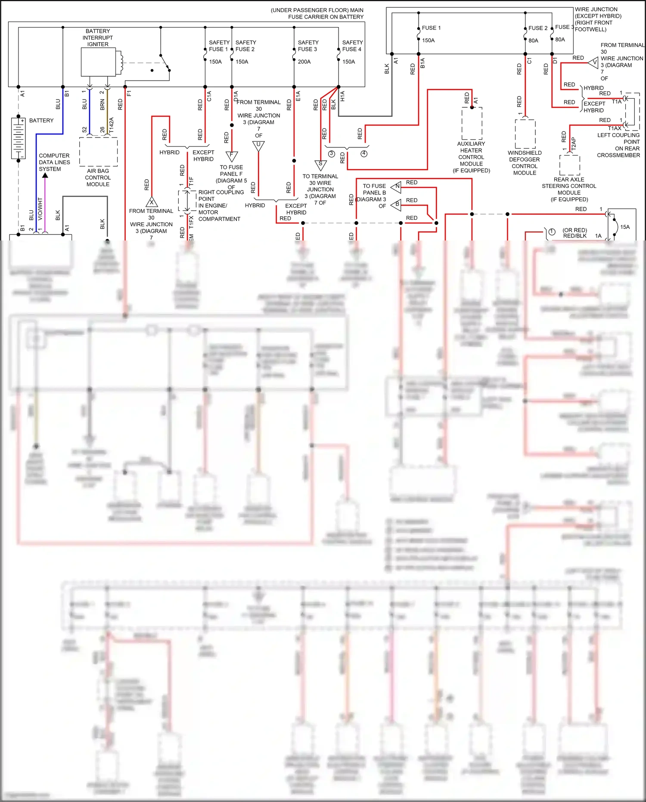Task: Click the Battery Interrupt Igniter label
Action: (98, 37)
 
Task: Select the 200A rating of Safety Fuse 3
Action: (304, 62)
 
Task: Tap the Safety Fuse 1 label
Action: (219, 46)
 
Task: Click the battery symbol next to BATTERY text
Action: (19, 138)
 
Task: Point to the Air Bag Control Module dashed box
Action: (98, 152)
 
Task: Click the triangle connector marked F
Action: (232, 156)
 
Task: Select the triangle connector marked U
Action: (258, 146)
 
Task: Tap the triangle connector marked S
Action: (320, 165)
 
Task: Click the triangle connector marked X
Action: (152, 202)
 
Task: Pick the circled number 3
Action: (332, 154)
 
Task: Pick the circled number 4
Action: (364, 154)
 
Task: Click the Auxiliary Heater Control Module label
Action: (471, 157)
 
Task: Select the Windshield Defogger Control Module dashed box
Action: (525, 134)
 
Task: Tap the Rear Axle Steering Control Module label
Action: (569, 189)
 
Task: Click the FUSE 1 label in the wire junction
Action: (431, 28)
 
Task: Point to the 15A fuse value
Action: (624, 227)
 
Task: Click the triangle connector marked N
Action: (397, 187)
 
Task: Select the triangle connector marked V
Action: (594, 63)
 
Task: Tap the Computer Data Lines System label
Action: (54, 162)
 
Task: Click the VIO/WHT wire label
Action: (40, 209)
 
